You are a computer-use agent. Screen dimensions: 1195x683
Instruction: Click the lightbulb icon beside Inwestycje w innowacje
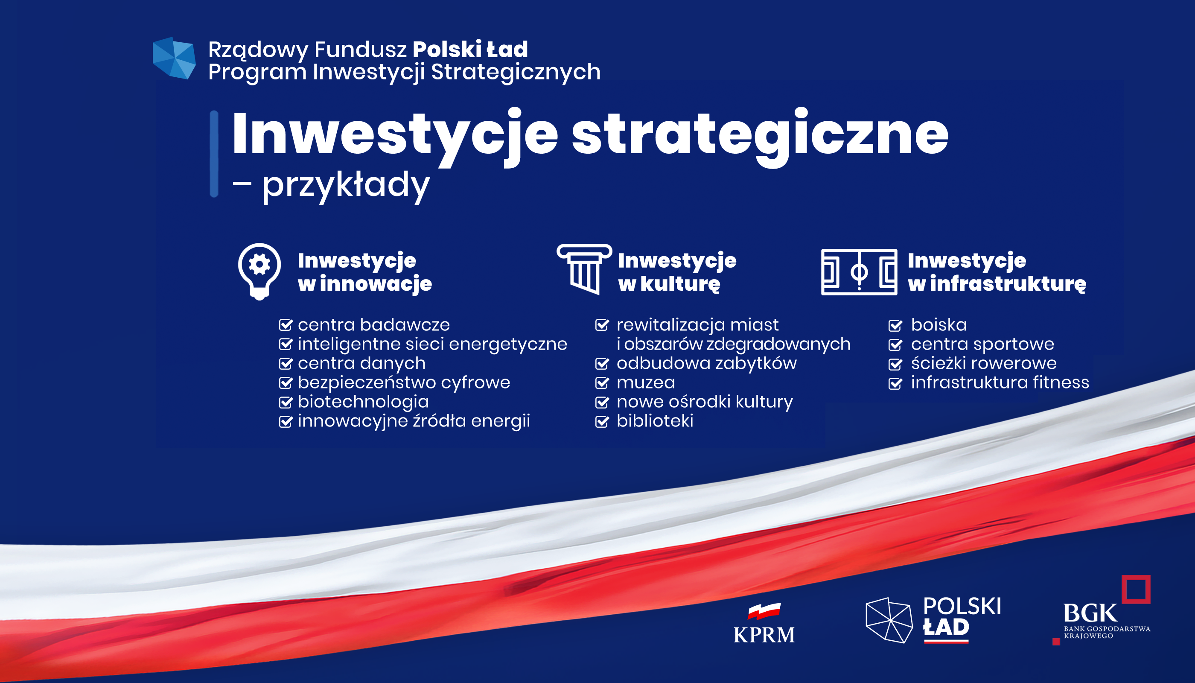[259, 271]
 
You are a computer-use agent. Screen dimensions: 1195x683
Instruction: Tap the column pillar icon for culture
[584, 269]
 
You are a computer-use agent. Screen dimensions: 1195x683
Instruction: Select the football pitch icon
[859, 272]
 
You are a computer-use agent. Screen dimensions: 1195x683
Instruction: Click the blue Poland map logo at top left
[174, 58]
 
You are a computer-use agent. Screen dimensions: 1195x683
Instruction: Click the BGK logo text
[1090, 613]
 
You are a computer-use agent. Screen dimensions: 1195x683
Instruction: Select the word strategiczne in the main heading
[760, 137]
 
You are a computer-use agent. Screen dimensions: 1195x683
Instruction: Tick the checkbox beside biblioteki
[602, 421]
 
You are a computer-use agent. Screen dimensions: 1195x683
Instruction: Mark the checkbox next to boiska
[895, 325]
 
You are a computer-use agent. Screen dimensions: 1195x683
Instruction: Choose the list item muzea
[646, 383]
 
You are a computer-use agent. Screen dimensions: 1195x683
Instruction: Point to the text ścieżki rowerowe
[984, 363]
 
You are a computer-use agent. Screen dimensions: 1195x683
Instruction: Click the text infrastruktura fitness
[1000, 382]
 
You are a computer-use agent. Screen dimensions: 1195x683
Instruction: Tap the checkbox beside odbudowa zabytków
[602, 364]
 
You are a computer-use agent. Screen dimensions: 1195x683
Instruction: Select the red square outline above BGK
[1136, 589]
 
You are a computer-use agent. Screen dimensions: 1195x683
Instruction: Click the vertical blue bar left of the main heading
[214, 154]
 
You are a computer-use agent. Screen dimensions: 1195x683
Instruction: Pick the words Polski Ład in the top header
[470, 49]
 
